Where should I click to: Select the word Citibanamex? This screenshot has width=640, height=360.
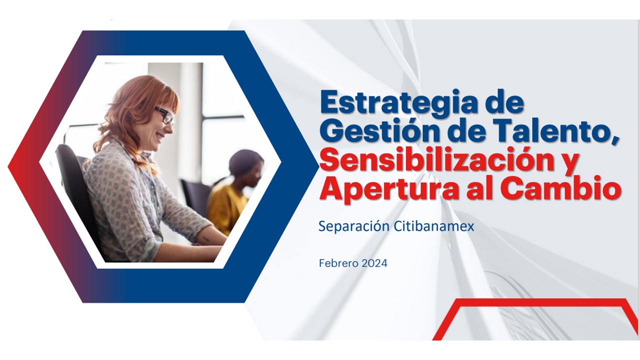434,226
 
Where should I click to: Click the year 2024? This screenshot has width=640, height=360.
374,263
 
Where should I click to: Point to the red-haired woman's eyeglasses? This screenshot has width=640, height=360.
164,115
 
